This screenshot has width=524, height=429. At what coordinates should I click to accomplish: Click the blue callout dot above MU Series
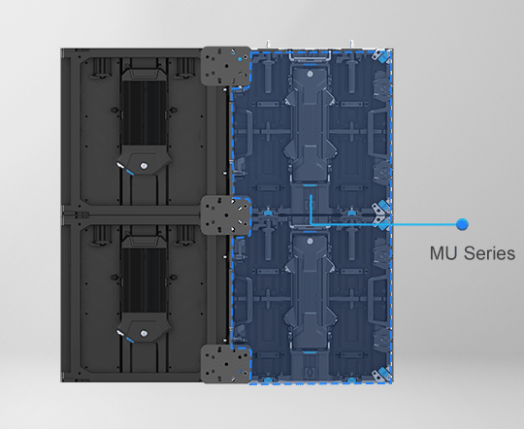[x=462, y=224]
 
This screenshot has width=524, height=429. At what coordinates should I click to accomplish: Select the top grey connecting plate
[x=226, y=66]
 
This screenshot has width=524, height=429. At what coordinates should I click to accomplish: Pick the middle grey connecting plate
[x=226, y=215]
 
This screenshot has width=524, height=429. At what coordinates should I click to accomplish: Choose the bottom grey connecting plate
[x=226, y=364]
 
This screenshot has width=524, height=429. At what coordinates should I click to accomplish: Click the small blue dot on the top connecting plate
[x=240, y=59]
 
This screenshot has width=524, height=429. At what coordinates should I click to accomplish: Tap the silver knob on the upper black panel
[x=144, y=166]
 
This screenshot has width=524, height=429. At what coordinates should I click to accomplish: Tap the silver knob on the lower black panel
[x=144, y=333]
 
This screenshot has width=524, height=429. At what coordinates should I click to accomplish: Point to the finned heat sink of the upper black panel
[x=144, y=113]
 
